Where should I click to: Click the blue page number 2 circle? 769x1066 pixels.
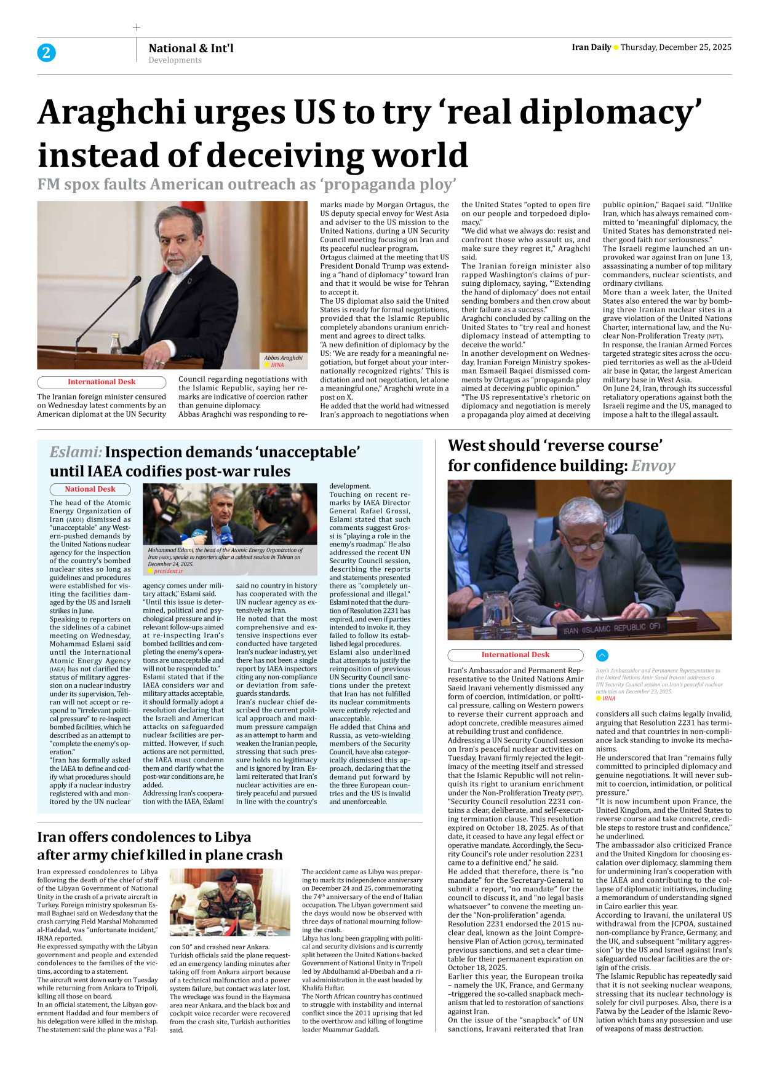tap(46, 53)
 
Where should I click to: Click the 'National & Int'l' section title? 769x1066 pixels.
tap(191, 48)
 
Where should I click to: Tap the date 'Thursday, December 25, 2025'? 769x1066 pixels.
tap(675, 47)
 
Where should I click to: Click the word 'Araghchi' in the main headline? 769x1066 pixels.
tap(111, 113)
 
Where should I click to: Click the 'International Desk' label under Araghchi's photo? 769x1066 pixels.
tap(102, 382)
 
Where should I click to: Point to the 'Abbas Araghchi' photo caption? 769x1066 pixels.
tap(283, 357)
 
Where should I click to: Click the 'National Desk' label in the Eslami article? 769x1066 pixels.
tap(90, 489)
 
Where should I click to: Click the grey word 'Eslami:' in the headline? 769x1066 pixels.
tap(76, 452)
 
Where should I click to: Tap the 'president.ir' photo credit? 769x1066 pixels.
tap(168, 571)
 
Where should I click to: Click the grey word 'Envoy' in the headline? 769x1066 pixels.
tap(653, 466)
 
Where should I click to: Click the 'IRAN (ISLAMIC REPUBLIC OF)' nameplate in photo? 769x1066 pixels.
tap(612, 629)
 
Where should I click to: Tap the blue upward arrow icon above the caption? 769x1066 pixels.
tap(602, 655)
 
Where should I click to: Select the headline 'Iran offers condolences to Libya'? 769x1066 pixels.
tap(144, 837)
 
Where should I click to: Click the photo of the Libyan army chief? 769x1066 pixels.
tap(229, 902)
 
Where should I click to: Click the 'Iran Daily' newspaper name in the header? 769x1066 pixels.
tap(591, 47)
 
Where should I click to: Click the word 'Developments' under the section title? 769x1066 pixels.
tap(175, 60)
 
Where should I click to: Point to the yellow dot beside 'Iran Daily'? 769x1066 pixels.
tap(616, 48)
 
